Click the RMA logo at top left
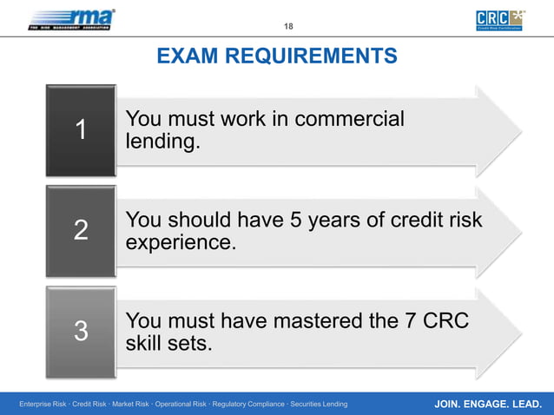pyautogui.click(x=71, y=18)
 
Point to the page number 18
pyautogui.click(x=288, y=26)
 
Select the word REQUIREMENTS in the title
pyautogui.click(x=310, y=57)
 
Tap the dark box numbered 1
pyautogui.click(x=81, y=130)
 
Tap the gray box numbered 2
pyautogui.click(x=81, y=231)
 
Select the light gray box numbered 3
pyautogui.click(x=81, y=332)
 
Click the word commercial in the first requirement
pyautogui.click(x=349, y=119)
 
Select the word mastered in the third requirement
pyautogui.click(x=320, y=322)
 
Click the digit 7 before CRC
pyautogui.click(x=411, y=322)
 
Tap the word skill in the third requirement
pyautogui.click(x=145, y=344)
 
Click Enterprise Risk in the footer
pyautogui.click(x=43, y=405)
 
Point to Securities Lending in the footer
pyautogui.click(x=319, y=405)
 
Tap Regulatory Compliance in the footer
pyautogui.click(x=247, y=405)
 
